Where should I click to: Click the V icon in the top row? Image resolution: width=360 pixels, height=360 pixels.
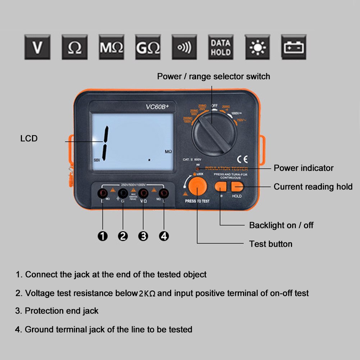click(37, 47)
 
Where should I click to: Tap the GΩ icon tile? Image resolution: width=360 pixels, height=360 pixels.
click(148, 47)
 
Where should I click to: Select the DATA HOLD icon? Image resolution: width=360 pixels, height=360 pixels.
click(220, 47)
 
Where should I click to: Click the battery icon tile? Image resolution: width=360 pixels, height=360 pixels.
click(294, 47)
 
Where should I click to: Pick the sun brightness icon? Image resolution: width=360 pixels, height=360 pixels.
click(258, 47)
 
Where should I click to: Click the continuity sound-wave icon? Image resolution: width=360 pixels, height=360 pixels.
click(184, 47)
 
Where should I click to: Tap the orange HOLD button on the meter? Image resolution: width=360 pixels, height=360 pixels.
click(237, 186)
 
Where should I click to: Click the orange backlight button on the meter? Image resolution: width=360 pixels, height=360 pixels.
click(221, 186)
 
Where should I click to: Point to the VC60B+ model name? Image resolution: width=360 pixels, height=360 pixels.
click(157, 107)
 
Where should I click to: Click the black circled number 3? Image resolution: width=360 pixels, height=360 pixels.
click(143, 236)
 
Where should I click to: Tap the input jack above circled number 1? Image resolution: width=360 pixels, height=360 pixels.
click(103, 193)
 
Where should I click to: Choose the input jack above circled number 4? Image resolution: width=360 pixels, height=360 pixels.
click(164, 193)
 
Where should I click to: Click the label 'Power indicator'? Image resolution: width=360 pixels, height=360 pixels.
click(304, 168)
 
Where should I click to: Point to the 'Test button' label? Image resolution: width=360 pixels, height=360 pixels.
click(270, 244)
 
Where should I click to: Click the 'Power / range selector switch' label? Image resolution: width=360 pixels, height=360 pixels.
click(213, 76)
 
